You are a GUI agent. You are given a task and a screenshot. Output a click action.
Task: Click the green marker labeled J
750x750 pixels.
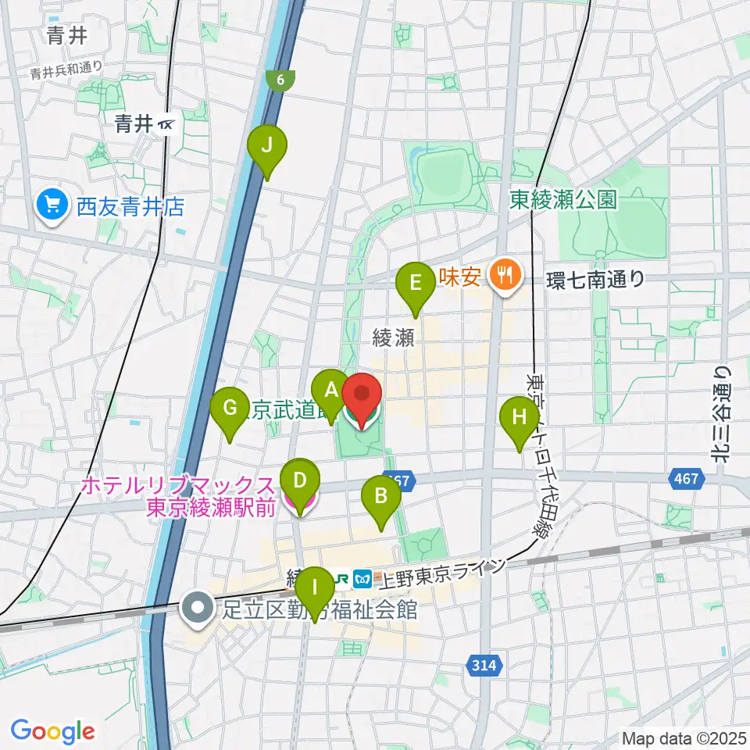pos(267,145)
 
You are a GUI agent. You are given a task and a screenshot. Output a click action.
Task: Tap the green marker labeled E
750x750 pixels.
pos(416,283)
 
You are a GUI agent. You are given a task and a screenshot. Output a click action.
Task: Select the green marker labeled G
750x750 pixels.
pos(230,408)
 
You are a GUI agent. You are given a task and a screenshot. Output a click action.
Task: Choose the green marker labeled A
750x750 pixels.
pos(330,390)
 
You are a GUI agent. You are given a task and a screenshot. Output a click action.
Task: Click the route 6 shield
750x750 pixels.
pos(281,79)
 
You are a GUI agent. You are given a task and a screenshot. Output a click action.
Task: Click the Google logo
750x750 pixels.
pos(52,731)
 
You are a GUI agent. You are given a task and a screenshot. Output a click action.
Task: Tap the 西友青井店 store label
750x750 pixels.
pos(130,206)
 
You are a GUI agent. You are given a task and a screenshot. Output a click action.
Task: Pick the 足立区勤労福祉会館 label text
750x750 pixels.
pos(320,609)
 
